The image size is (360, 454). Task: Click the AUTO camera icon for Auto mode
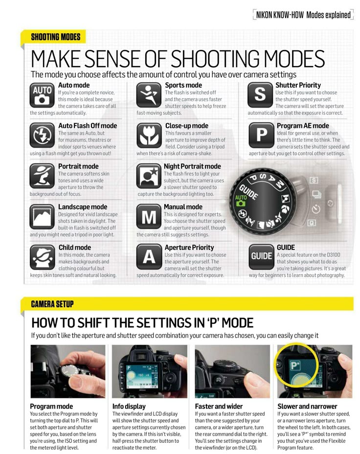click(x=42, y=95)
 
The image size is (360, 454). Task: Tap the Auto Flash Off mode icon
click(x=42, y=135)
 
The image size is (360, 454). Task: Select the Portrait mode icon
click(x=42, y=176)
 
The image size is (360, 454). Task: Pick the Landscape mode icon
click(x=42, y=217)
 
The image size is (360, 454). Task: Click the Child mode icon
click(x=42, y=257)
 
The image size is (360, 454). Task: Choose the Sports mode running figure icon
click(x=149, y=95)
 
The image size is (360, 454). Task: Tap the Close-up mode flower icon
click(x=149, y=135)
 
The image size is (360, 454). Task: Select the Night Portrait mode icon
click(x=149, y=176)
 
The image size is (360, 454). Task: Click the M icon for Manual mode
click(x=149, y=217)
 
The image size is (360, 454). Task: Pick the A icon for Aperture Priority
click(x=149, y=257)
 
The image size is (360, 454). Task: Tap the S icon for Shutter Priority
click(x=260, y=95)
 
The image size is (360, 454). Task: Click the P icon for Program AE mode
click(x=261, y=135)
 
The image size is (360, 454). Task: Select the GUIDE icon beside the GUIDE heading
click(x=261, y=257)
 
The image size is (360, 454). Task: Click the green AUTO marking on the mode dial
click(x=241, y=200)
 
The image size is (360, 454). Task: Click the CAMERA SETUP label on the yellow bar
click(x=52, y=304)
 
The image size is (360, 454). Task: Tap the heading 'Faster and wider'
click(x=219, y=406)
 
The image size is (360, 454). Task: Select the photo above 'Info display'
click(x=150, y=371)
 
